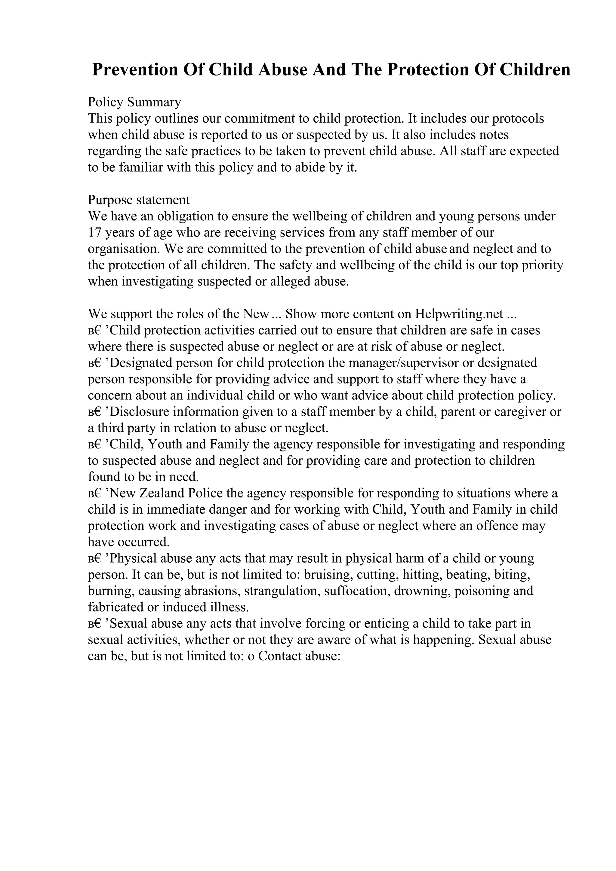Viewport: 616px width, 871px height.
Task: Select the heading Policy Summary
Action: [x=134, y=102]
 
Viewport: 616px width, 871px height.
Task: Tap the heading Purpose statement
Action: [x=139, y=200]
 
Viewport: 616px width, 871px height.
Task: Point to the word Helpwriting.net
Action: [x=459, y=314]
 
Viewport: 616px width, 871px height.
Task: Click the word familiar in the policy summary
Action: [x=140, y=167]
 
